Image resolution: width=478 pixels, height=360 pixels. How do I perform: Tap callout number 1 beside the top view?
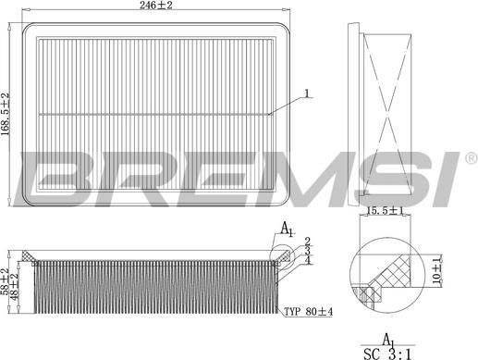[308, 93]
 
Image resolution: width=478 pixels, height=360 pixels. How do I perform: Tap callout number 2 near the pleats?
[306, 242]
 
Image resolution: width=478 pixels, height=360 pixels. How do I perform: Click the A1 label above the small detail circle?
[287, 229]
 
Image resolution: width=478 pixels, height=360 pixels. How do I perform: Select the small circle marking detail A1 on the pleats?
[278, 253]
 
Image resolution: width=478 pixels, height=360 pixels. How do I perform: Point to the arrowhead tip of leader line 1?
[269, 113]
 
